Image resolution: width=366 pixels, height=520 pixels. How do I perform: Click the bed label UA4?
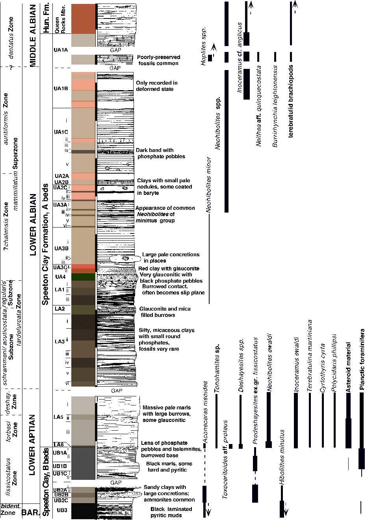tap(60, 277)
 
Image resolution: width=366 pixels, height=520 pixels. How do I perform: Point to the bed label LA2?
tap(59, 308)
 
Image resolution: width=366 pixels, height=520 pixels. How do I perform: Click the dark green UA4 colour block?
tap(83, 277)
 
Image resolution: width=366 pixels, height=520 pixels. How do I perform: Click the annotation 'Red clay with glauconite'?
tap(169, 268)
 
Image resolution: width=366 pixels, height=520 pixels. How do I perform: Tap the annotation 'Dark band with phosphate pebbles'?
tap(160, 153)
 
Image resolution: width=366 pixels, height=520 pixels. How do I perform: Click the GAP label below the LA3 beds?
tap(117, 391)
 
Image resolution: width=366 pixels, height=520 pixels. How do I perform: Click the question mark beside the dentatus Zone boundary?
tap(12, 67)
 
